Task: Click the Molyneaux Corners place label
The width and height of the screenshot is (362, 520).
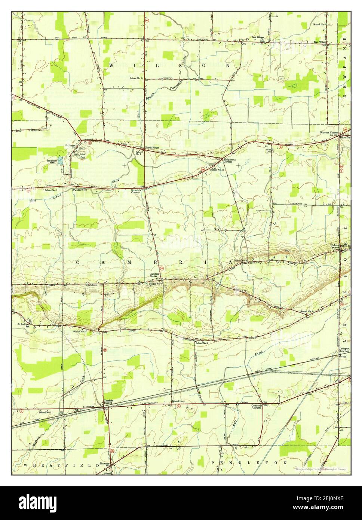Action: point(229,160)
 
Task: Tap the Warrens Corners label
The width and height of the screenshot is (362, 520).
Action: point(329,133)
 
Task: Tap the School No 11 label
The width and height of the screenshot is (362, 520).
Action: point(46,412)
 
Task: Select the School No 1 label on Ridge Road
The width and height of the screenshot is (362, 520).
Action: point(51,190)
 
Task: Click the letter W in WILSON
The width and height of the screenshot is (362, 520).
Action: point(111,65)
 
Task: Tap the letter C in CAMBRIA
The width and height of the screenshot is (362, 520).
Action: point(79,263)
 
